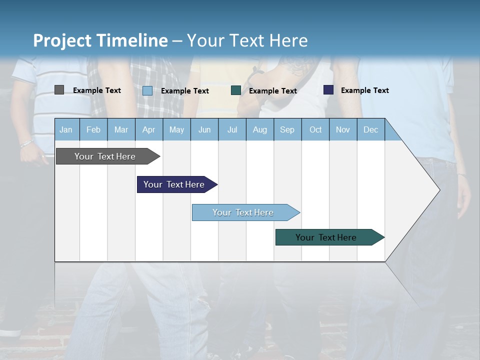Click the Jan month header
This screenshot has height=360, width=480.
66,129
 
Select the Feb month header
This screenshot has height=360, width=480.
93,129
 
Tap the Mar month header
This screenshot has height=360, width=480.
121,129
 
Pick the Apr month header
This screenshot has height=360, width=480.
149,129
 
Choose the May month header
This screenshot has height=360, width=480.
176,129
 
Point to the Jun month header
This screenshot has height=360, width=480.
204,129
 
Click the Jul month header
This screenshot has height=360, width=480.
232,129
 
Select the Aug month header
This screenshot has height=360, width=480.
260,129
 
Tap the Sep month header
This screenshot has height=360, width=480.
287,129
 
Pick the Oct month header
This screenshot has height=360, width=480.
315,129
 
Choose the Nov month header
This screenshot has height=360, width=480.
343,129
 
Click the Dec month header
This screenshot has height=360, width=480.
371,129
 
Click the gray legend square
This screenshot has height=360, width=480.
59,90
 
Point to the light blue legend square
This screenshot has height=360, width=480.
147,90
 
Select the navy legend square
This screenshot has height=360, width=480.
328,90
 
